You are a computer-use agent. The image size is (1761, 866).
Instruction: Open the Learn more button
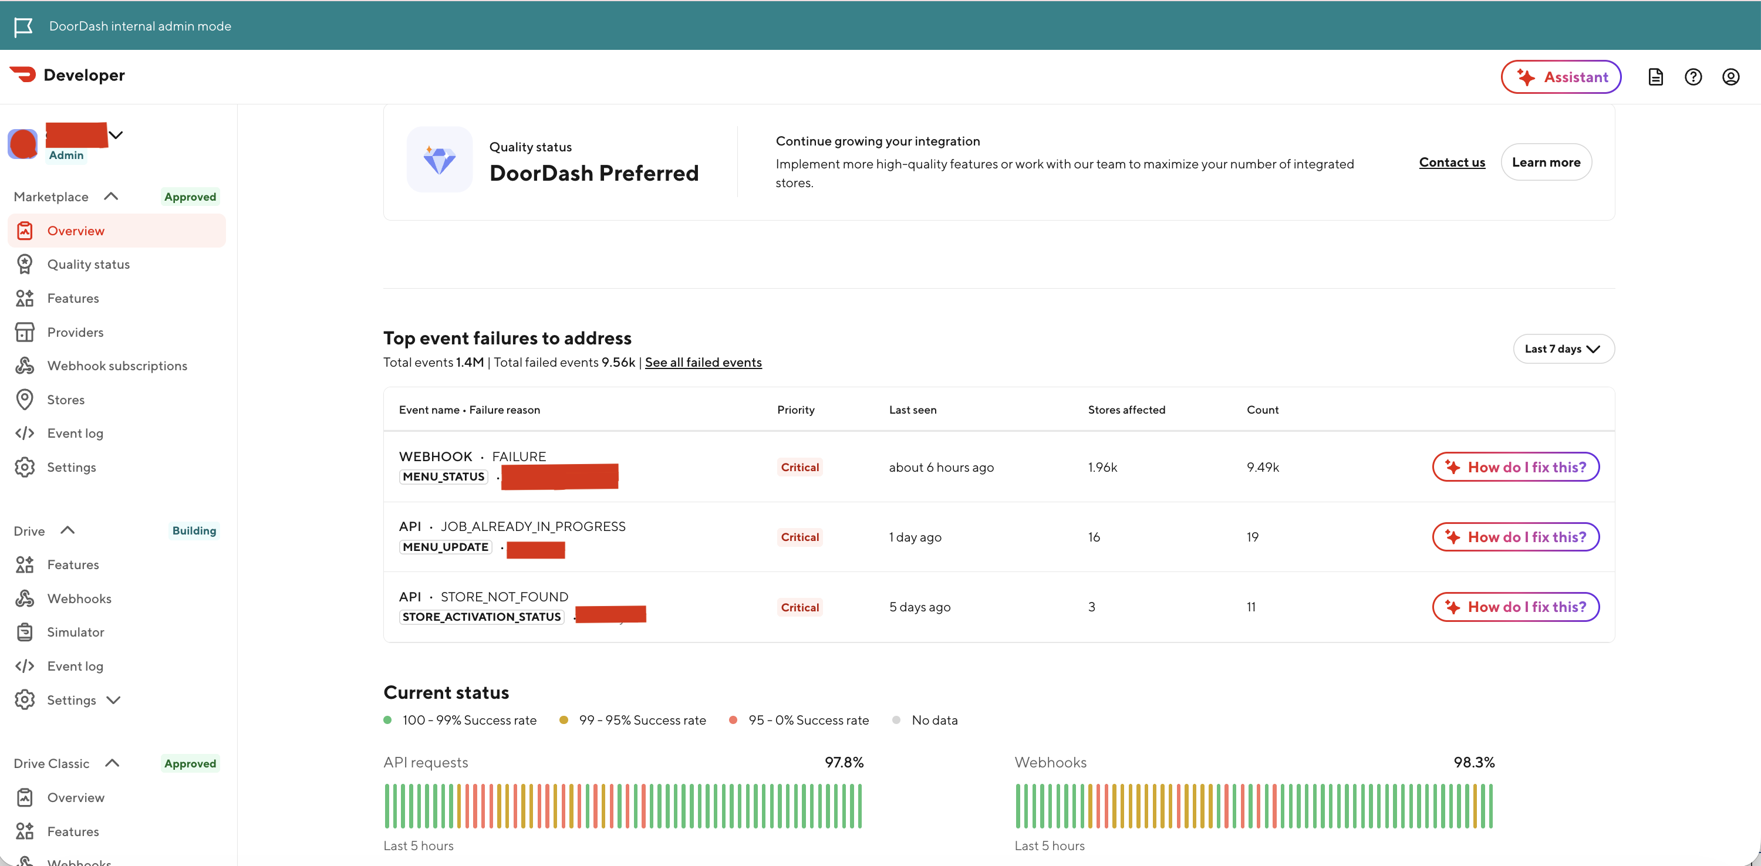(x=1546, y=162)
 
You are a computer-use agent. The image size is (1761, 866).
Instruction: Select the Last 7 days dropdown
(x=1563, y=349)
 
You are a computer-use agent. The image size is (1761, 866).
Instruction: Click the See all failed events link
(x=703, y=362)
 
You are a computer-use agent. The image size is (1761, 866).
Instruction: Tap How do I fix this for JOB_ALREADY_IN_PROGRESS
(x=1516, y=537)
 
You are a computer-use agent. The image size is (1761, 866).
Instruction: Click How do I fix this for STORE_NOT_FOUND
(x=1516, y=607)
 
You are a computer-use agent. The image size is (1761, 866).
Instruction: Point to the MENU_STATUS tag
(x=444, y=476)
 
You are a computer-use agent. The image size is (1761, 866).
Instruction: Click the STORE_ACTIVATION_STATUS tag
(x=481, y=617)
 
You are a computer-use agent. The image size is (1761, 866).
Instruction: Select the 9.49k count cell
(x=1262, y=468)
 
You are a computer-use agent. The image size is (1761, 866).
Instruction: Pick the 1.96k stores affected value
(x=1102, y=468)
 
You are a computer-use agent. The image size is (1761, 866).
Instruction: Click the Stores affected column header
(x=1126, y=410)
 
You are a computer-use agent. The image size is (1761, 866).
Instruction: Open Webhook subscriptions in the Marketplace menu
(x=117, y=366)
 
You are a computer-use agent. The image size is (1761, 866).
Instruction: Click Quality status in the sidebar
(x=88, y=265)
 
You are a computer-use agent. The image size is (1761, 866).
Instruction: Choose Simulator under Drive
(x=75, y=632)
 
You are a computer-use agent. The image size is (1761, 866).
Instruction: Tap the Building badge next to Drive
(x=194, y=530)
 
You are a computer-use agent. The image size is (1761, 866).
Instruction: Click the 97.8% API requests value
(x=844, y=762)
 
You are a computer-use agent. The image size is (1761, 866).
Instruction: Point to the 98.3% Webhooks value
(x=1473, y=762)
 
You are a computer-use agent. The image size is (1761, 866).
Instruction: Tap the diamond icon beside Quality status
(x=440, y=160)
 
